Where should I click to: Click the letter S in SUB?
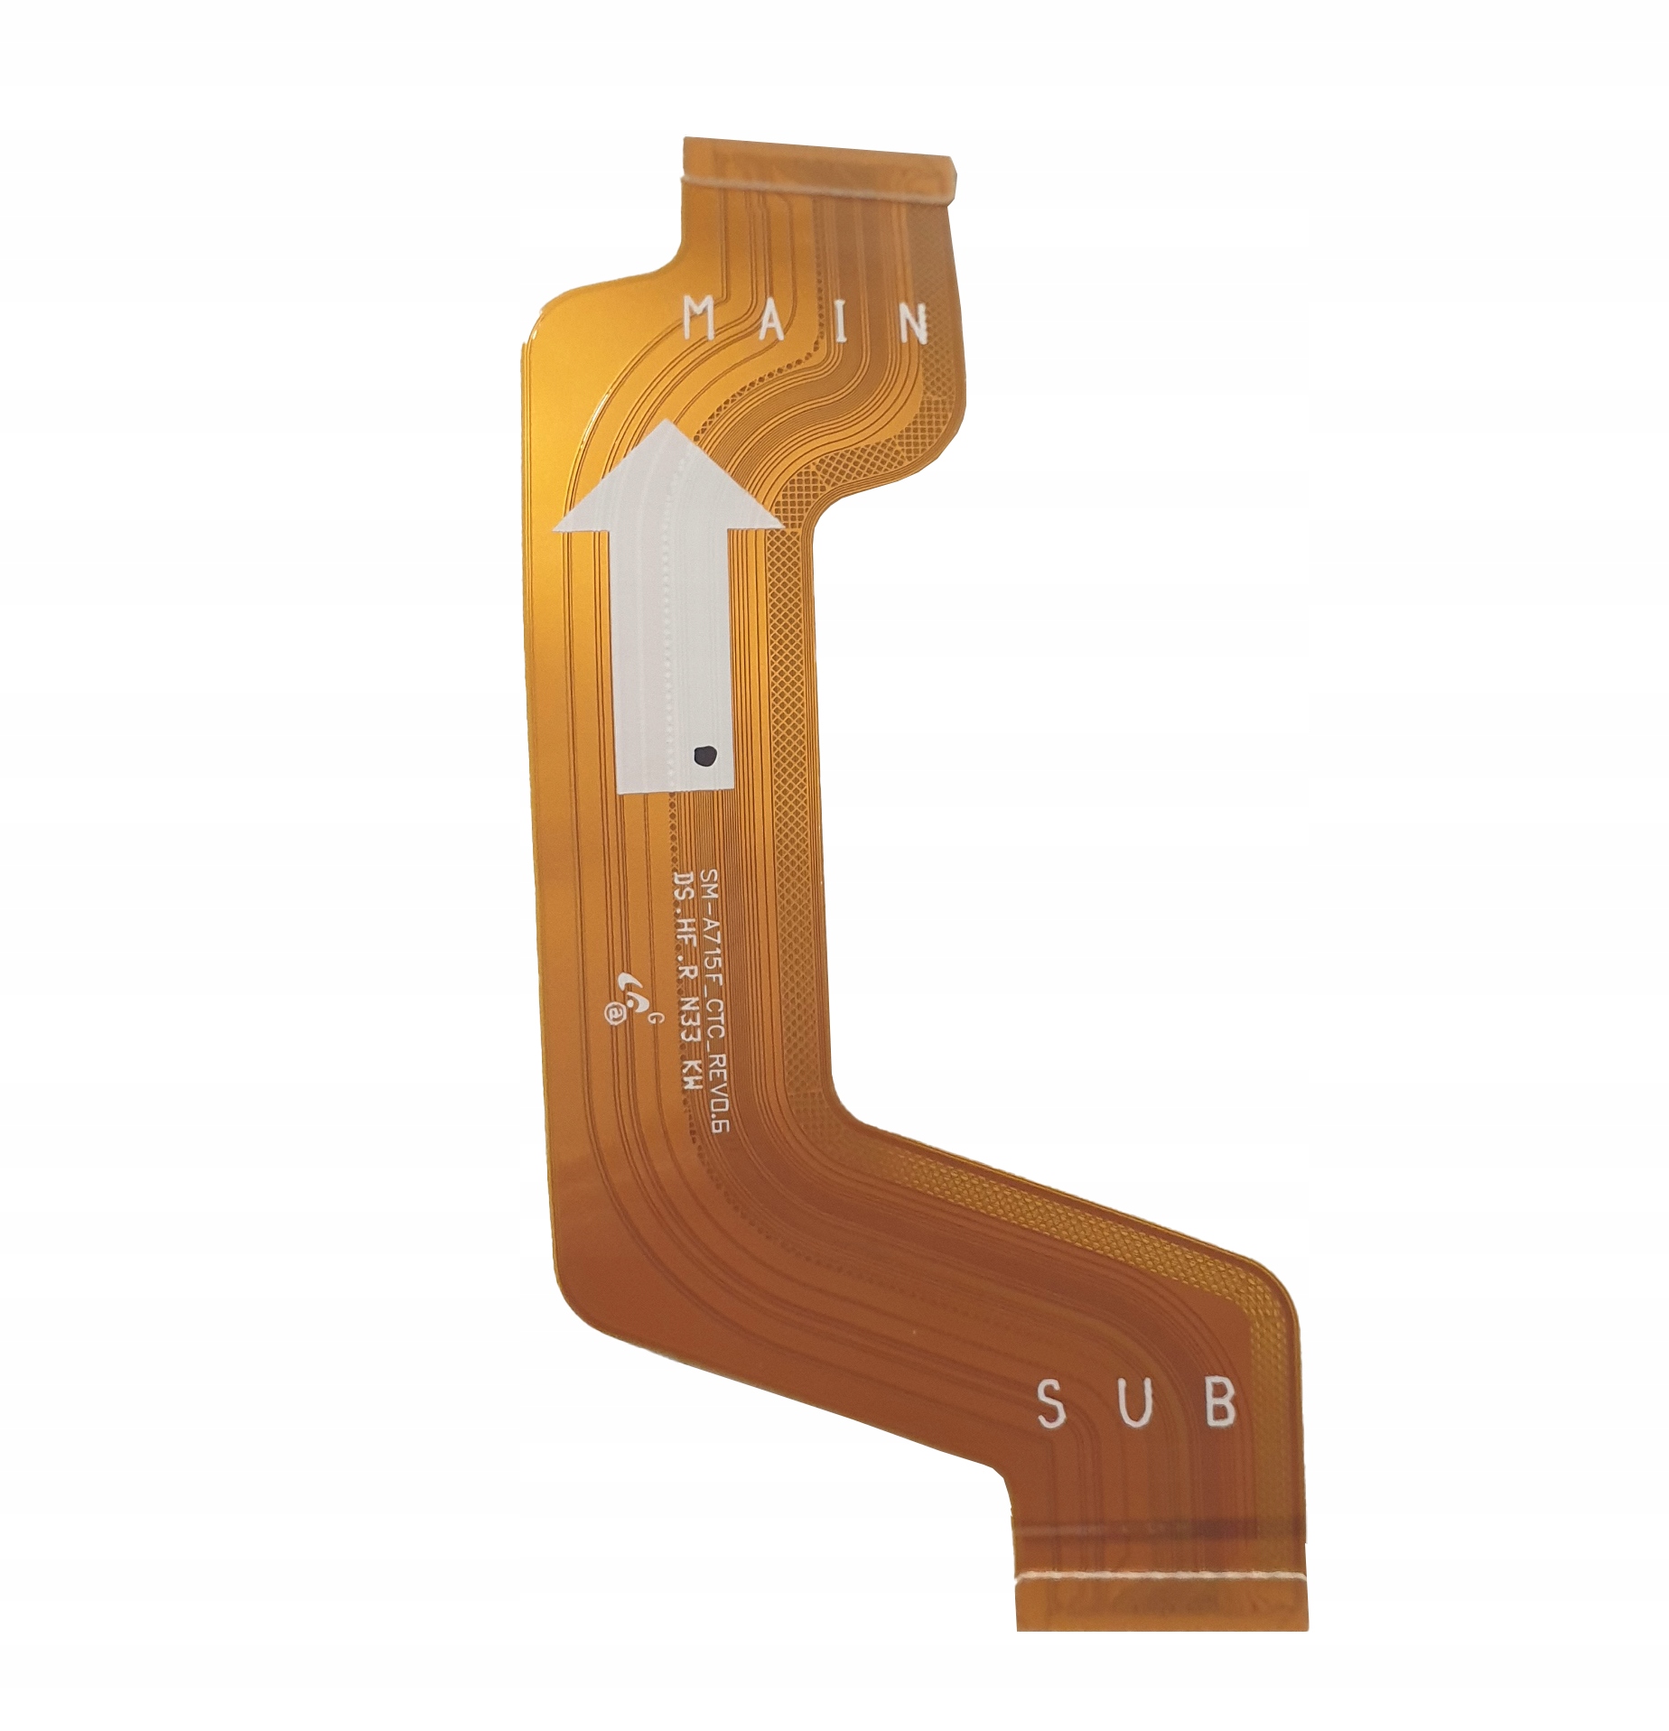[x=1049, y=1405]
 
